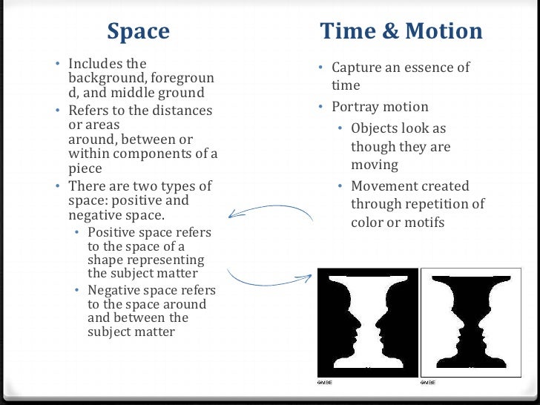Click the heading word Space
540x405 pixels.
pyautogui.click(x=139, y=32)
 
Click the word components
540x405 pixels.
pyautogui.click(x=162, y=154)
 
